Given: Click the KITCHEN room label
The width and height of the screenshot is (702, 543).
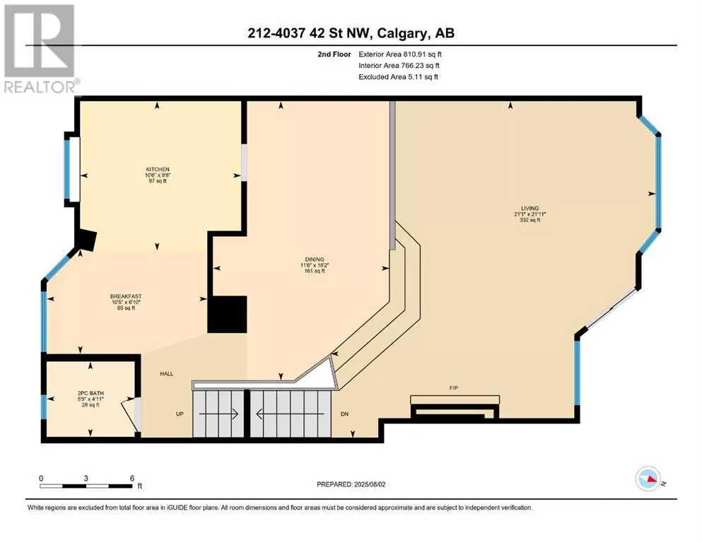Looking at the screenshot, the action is pos(158,169).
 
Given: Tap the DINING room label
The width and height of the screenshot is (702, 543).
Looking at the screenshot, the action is pos(315,259).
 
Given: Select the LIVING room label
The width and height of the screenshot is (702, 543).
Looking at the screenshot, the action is pos(530,208).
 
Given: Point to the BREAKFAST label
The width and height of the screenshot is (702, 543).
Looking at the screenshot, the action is pos(126,296).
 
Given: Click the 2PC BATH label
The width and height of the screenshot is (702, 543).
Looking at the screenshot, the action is pos(90,394).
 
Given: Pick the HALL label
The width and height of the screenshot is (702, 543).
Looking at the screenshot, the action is pos(167,374).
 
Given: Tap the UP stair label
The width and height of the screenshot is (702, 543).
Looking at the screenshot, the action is pos(180,414).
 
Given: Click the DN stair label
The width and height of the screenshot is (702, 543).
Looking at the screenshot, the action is pos(344,414).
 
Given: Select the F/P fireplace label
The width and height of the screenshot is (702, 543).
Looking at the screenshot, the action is pos(454,387).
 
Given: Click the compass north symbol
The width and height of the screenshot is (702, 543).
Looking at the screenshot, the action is pos(648,479).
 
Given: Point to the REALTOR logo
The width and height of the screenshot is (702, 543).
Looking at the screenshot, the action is pos(40,49).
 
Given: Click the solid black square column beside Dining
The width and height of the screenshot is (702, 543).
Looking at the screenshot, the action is pos(228,314).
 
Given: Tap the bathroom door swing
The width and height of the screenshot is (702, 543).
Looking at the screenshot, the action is pos(129,415).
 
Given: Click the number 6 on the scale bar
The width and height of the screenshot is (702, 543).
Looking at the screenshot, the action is pos(132,478).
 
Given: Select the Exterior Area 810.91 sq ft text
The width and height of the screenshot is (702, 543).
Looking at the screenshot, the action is pos(400,54).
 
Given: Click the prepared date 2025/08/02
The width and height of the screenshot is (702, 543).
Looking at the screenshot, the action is pos(369,484).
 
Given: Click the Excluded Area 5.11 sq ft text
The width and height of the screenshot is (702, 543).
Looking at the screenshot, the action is pos(399,76).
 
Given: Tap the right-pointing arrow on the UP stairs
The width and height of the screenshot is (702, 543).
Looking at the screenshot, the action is pos(219,414).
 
